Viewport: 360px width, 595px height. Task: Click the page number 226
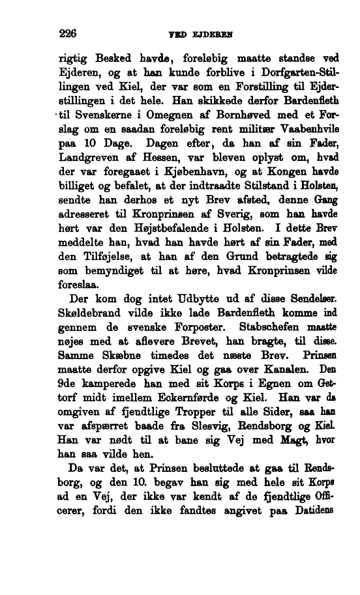pyautogui.click(x=68, y=33)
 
